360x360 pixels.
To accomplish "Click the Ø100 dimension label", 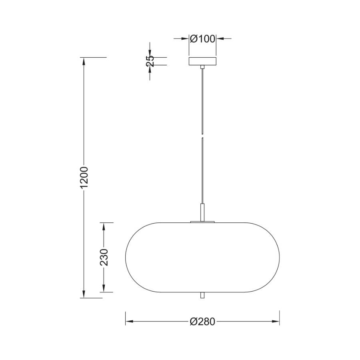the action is [x=202, y=39].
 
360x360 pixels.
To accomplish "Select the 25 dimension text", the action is [x=150, y=61].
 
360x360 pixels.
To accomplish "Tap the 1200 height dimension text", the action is [x=84, y=177].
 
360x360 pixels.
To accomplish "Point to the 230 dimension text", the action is [x=104, y=257].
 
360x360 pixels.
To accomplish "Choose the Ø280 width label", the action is [x=202, y=322].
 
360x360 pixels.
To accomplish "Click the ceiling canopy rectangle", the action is [x=202, y=61].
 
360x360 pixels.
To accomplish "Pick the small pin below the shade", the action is [x=202, y=295].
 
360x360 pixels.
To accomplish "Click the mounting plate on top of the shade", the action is [x=202, y=222].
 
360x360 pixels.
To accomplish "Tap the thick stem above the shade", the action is [x=202, y=212].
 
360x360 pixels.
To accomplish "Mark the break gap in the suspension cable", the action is [x=202, y=136].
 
